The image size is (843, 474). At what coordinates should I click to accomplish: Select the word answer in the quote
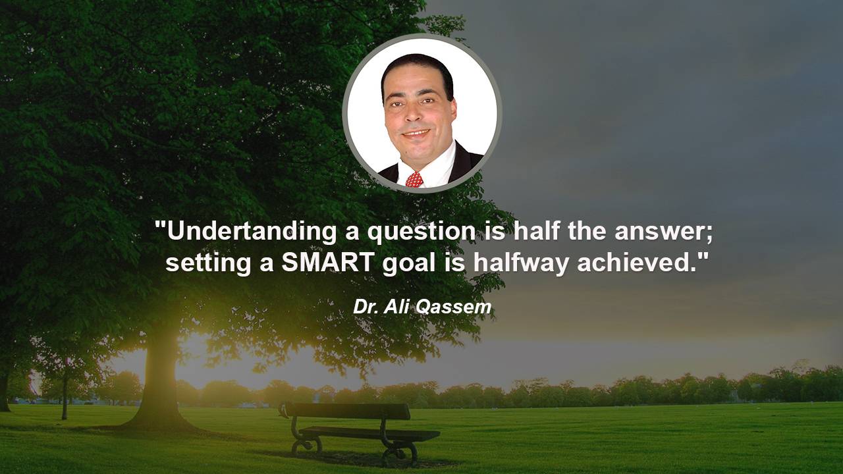pos(663,232)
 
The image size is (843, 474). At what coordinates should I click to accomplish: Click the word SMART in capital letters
pos(328,262)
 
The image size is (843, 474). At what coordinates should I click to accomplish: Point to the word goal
pos(409,264)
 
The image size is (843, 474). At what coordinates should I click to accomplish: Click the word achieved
pos(637,262)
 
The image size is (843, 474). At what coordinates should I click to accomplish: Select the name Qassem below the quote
pos(454,307)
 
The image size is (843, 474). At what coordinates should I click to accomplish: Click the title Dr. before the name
pos(366,307)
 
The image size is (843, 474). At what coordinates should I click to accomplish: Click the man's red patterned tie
pos(414,180)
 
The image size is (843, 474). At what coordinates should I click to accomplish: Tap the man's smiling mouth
pos(416,134)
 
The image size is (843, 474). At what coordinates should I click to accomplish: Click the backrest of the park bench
pos(347,411)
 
